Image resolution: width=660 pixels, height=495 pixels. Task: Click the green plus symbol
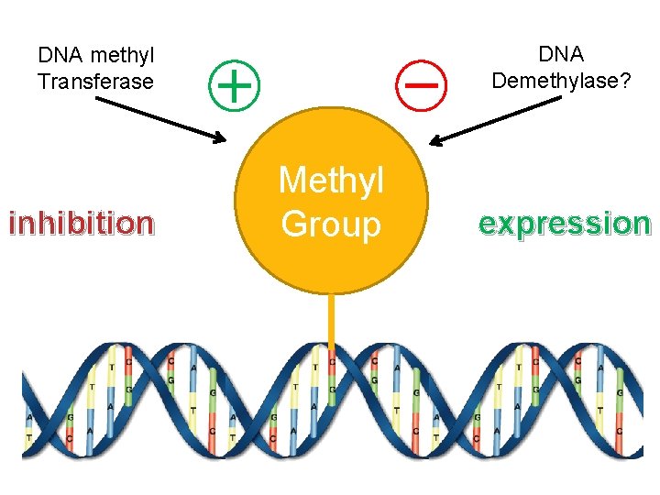pos(236,84)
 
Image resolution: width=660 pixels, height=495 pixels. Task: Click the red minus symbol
pos(421,83)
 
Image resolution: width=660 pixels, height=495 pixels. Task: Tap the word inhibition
pos(81,223)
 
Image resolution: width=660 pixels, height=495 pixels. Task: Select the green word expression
pos(565,223)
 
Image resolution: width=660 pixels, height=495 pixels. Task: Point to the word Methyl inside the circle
pos(331,181)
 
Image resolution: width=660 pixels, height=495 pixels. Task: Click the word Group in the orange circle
pos(331,224)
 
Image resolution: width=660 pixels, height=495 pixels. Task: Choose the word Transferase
pos(95,82)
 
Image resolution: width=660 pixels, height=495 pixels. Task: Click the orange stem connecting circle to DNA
pos(331,321)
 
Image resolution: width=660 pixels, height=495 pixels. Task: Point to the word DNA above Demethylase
pos(561,55)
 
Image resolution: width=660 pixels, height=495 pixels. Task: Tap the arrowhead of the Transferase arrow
pos(218,139)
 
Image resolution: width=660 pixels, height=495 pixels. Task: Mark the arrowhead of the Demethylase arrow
pos(436,141)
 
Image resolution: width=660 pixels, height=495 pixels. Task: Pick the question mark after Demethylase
pos(623,81)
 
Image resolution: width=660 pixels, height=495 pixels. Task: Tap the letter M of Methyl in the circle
pos(291,181)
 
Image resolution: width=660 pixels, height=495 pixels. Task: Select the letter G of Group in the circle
pos(295,224)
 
